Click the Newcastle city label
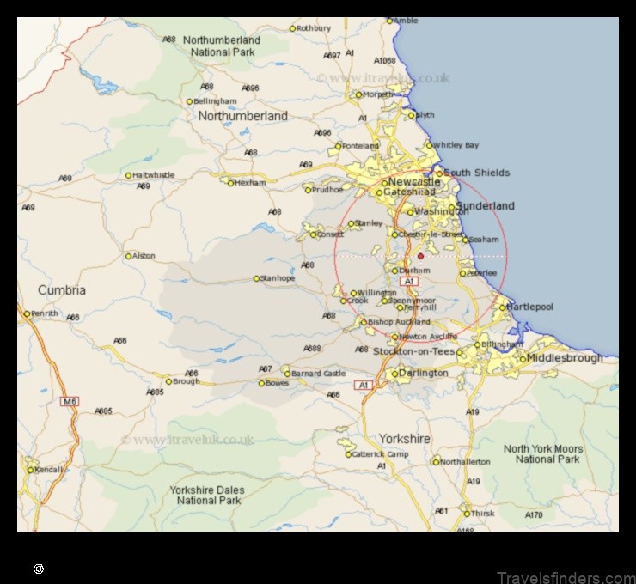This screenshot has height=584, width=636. point(414,182)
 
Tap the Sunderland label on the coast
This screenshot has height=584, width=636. point(486,206)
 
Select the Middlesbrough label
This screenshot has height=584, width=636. point(565,357)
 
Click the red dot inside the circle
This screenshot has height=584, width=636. point(420,256)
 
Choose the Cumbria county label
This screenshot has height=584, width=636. point(62,290)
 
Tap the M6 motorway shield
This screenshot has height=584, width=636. point(69,401)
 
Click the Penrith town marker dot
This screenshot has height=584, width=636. point(27,313)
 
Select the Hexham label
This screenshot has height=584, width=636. point(252,183)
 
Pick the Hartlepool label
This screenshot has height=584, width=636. point(530,307)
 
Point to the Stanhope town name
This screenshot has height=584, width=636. point(278,278)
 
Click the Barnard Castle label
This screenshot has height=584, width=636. point(318,374)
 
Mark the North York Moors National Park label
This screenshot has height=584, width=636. point(542,454)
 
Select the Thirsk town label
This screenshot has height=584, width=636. point(482,514)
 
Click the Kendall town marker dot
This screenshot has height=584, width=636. point(31,470)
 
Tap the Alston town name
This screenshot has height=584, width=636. point(144,256)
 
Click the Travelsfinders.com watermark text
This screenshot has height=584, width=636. point(567,578)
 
